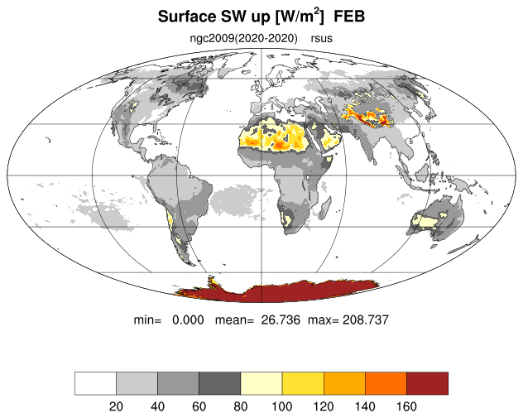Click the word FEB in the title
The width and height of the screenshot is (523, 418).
[349, 17]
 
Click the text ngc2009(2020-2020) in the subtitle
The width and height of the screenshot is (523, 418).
[243, 38]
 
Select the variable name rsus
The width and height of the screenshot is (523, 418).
[322, 39]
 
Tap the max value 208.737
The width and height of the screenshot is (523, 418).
[366, 320]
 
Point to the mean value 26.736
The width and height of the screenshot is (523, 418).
[281, 320]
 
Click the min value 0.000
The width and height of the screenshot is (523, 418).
[188, 320]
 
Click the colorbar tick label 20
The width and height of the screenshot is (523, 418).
[116, 406]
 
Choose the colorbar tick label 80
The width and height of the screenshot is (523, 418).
[240, 406]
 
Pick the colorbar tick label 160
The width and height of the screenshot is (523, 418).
[406, 406]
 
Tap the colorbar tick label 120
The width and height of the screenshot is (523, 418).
[324, 406]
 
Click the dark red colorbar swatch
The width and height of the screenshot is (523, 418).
[427, 383]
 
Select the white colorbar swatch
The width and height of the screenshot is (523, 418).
[95, 383]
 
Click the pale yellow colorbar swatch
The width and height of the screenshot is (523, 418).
[261, 383]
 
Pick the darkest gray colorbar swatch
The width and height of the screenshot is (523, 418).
[220, 383]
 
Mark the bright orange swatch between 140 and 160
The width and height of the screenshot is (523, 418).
[386, 383]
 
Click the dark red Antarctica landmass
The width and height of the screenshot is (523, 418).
[277, 292]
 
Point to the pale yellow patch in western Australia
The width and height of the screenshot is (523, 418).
[425, 221]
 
